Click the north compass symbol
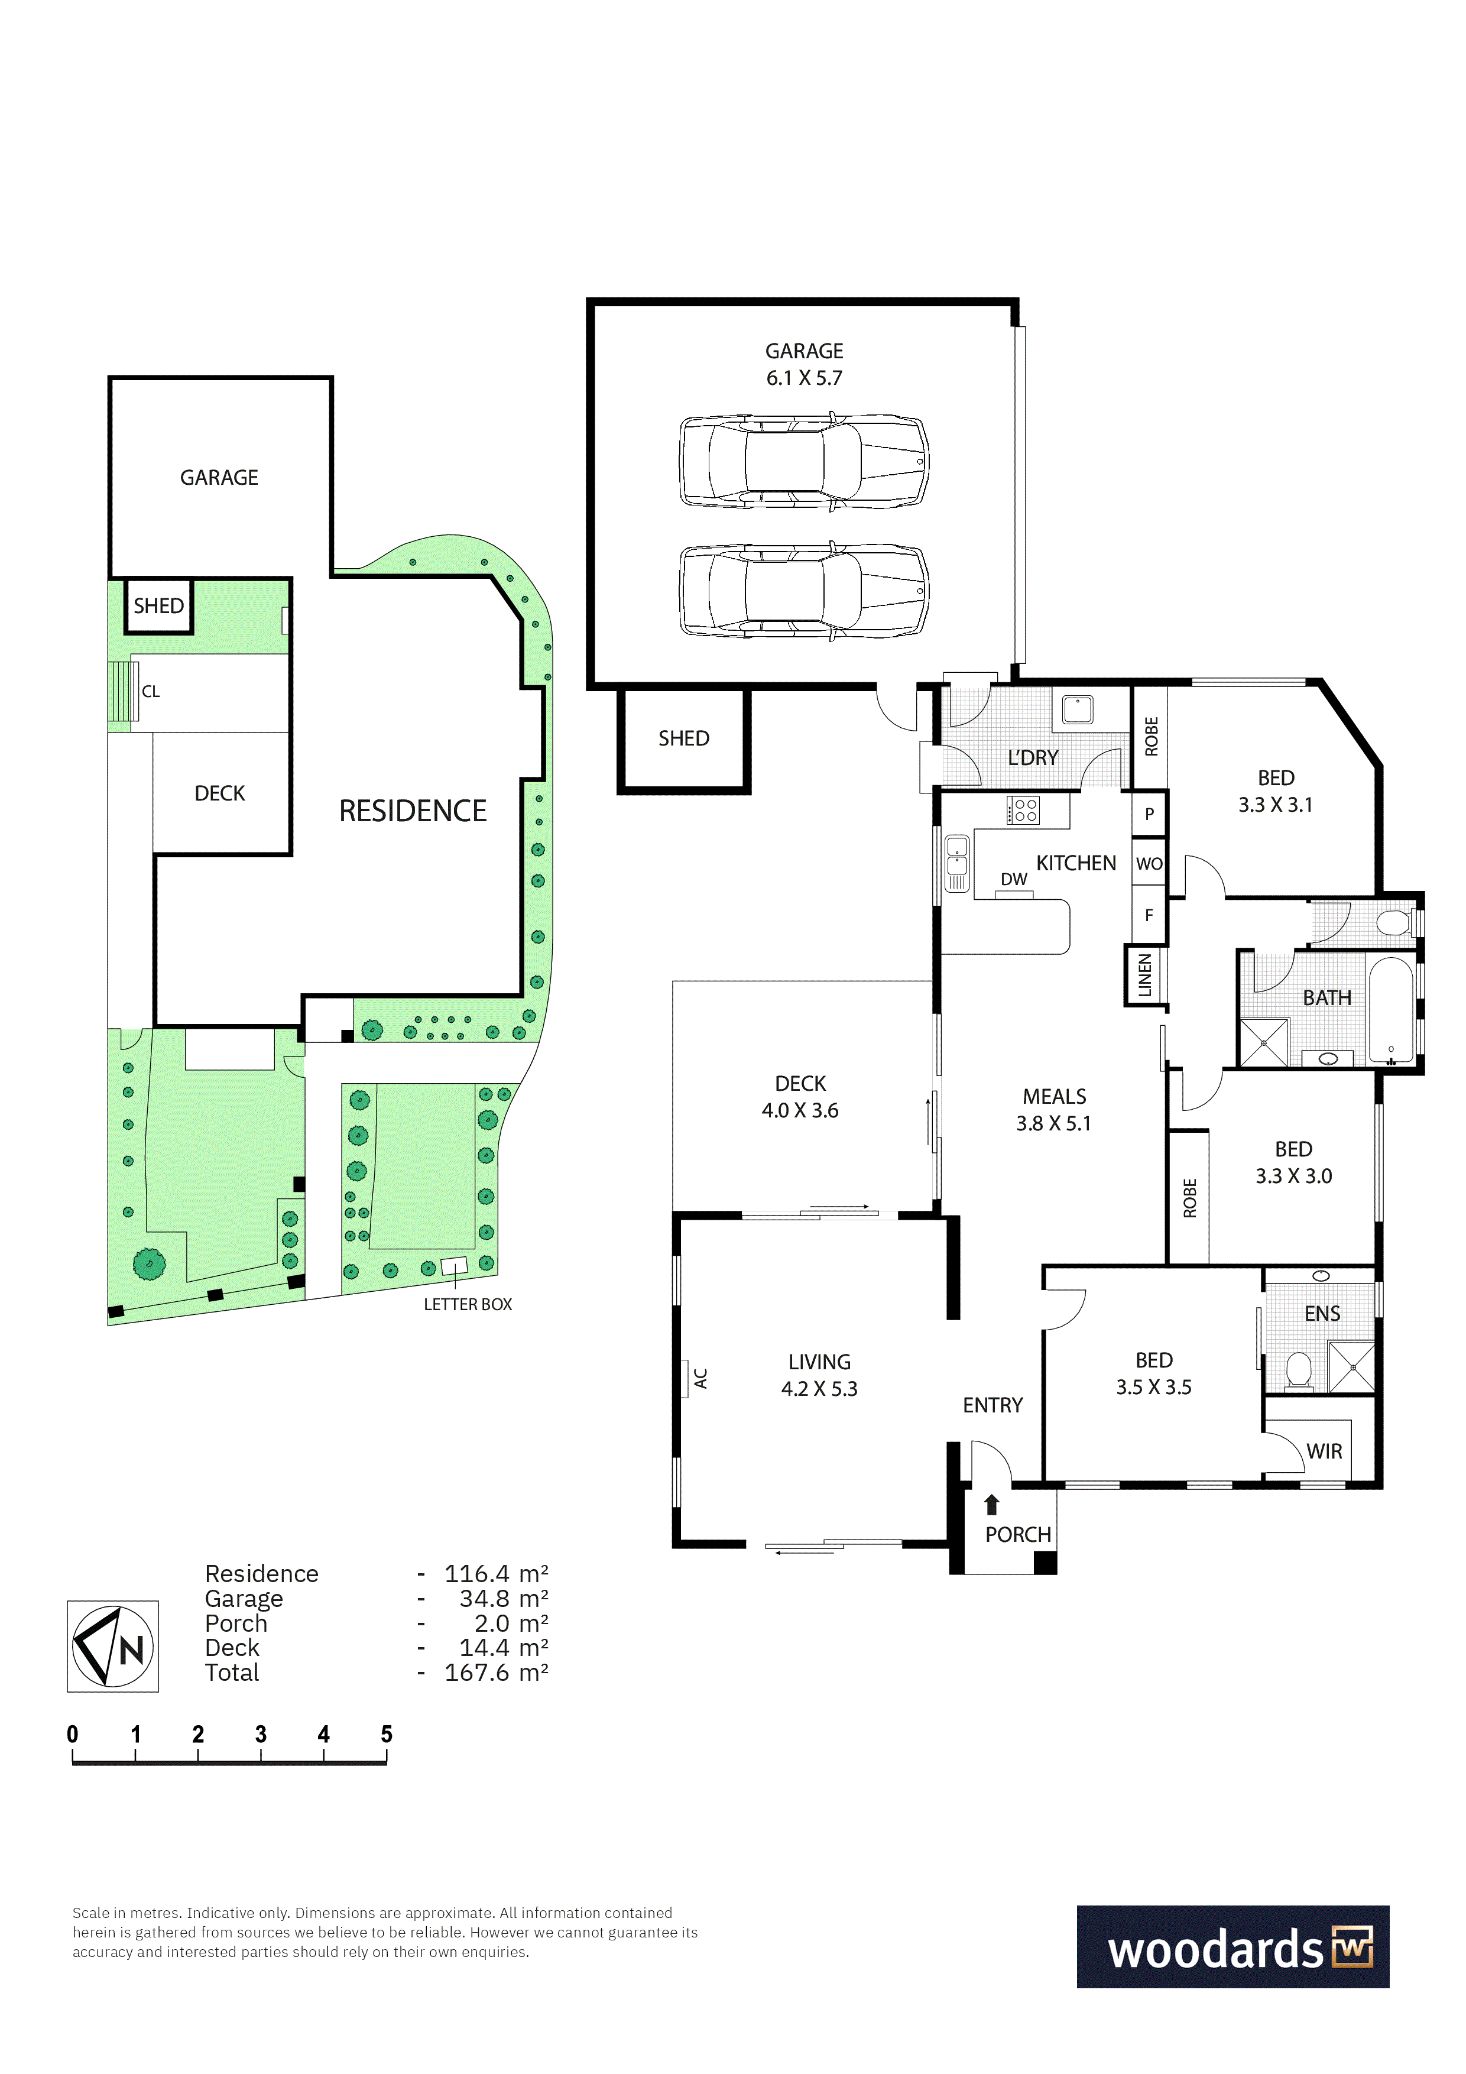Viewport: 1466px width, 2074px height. [x=113, y=1646]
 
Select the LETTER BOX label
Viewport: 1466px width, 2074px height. [x=468, y=1304]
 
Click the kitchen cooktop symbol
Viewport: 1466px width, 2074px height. [x=1023, y=809]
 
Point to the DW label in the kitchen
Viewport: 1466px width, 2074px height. [x=1013, y=879]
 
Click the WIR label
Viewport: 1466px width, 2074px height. [x=1324, y=1451]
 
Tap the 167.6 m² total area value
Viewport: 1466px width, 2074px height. [x=496, y=1673]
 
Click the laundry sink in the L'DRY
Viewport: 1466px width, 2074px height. [x=1078, y=708]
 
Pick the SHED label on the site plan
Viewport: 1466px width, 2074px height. [x=159, y=606]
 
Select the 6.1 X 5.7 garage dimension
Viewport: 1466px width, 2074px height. [x=804, y=378]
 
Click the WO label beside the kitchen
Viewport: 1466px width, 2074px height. [x=1149, y=864]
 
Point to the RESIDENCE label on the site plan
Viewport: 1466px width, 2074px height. [x=413, y=811]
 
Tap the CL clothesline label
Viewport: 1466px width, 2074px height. [x=151, y=692]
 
